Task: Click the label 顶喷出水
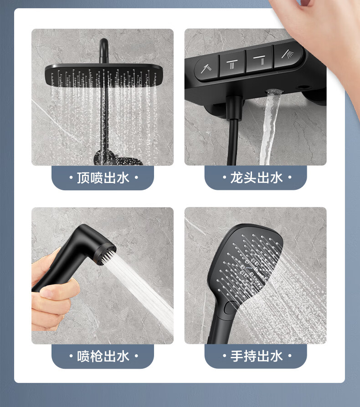103,178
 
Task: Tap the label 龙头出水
256,178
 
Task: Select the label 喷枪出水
103,356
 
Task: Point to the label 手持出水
256,356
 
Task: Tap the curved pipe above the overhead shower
103,50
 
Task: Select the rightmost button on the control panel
288,56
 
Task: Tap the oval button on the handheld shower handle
229,308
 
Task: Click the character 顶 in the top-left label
83,178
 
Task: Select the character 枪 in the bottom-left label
97,356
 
